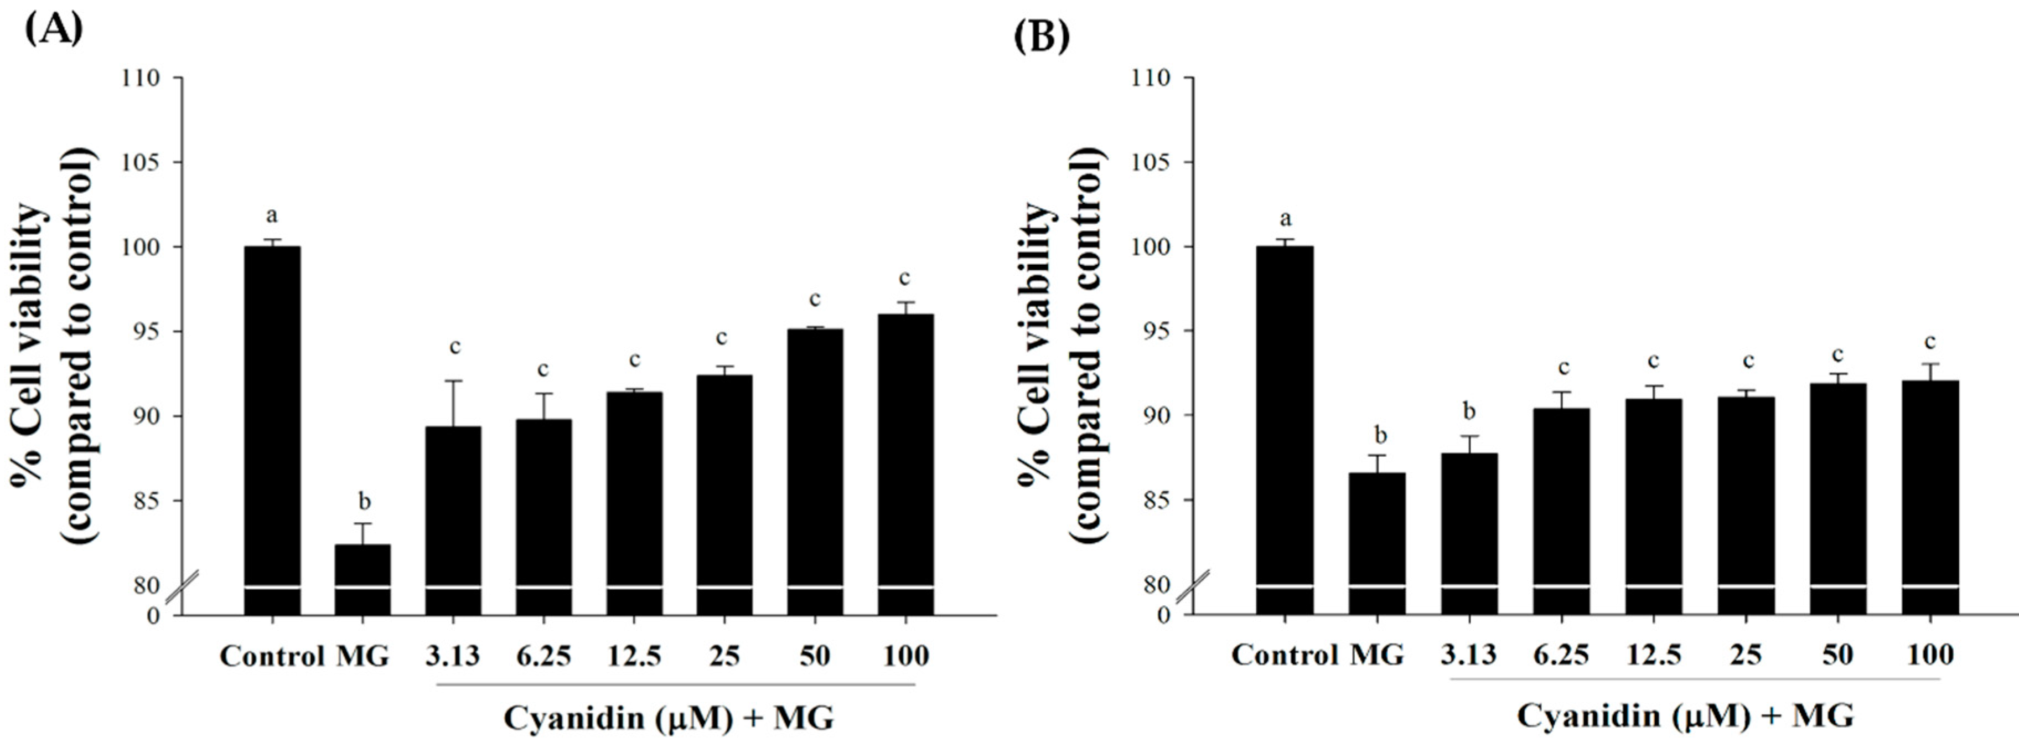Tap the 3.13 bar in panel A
pos(453,517)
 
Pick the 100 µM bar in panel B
pos(1930,494)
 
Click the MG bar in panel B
pos(1377,541)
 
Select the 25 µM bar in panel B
pos(1746,502)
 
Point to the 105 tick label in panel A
pos(141,162)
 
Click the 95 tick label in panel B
pos(1152,331)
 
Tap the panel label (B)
pos(1042,36)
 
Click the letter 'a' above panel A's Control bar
pos(272,215)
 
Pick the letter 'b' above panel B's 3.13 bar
pos(1469,411)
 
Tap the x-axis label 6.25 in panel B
pos(1561,654)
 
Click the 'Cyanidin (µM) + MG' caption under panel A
pos(668,717)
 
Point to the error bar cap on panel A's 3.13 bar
pos(454,381)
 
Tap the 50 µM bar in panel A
pos(815,470)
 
